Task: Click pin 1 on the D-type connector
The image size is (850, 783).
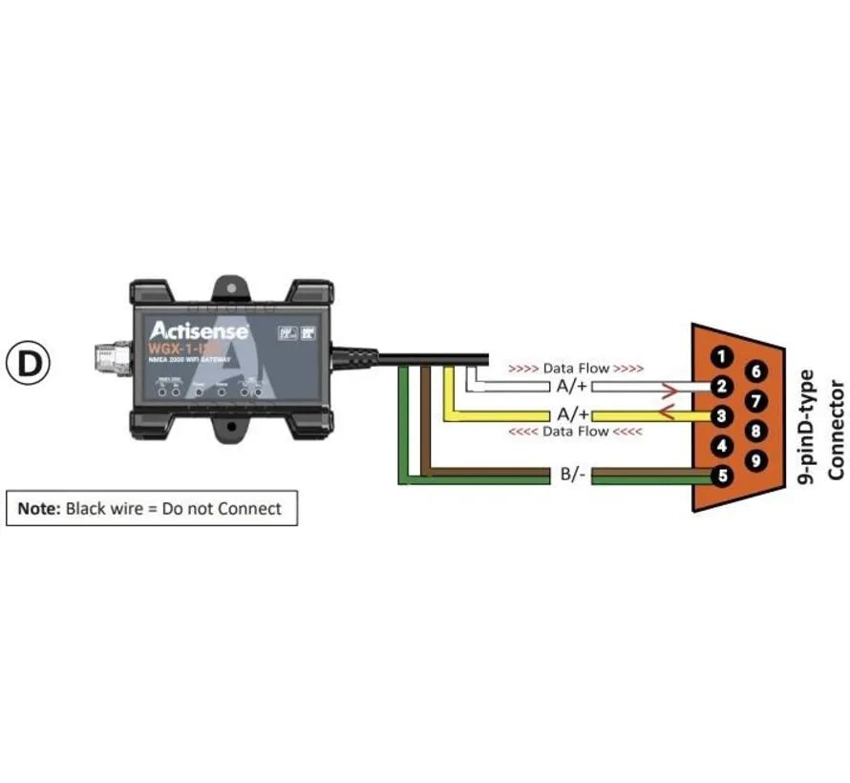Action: point(723,357)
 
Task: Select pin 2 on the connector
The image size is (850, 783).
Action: point(723,387)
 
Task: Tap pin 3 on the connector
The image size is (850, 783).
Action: point(723,416)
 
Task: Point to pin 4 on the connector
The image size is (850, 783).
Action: point(723,445)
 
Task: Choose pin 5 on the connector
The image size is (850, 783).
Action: point(723,475)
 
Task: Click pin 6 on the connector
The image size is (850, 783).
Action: point(755,372)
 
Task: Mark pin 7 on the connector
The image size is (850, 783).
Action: point(755,401)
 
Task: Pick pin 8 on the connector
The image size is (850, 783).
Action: point(755,431)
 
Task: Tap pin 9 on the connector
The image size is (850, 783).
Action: point(755,460)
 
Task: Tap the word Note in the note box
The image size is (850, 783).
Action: point(38,508)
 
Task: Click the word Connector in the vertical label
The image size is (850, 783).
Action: point(837,429)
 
